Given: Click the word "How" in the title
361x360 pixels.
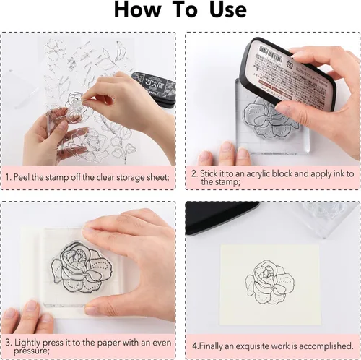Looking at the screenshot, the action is [x=137, y=9].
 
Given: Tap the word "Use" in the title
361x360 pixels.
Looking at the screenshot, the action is [x=228, y=9].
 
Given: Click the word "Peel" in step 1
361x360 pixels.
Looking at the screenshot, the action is [x=22, y=177].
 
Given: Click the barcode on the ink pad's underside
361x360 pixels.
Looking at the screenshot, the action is [x=270, y=53].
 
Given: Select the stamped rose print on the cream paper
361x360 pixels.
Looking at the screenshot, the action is [x=269, y=283].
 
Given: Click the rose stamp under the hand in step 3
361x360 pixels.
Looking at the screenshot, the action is [x=82, y=267].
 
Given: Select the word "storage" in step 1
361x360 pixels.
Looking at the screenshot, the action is [x=132, y=178].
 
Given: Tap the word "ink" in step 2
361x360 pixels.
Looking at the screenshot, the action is [x=339, y=173].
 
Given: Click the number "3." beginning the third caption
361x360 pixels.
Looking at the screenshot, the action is [x=9, y=343].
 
